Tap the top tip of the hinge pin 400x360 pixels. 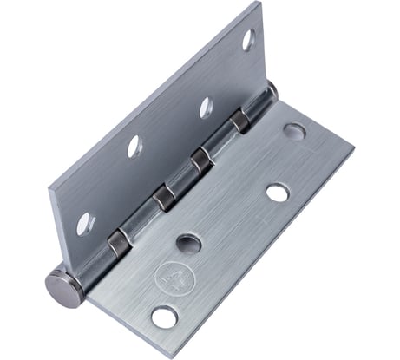tap(271, 87)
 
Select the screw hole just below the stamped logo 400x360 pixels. tap(162, 317)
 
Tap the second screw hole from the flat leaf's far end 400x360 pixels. tap(277, 191)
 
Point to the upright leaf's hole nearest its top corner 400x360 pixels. tap(247, 38)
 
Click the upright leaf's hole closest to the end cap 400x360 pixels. tap(84, 224)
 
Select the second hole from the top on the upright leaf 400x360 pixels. tap(206, 108)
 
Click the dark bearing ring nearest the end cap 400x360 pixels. tap(116, 245)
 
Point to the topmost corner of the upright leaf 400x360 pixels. tap(258, 3)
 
